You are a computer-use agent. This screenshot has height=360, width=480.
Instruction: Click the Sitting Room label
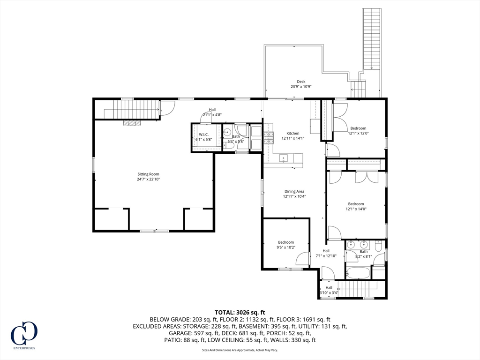point(148,174)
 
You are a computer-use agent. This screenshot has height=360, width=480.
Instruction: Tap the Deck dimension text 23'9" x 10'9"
point(301,87)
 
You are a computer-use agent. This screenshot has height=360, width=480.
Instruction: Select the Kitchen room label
point(292,133)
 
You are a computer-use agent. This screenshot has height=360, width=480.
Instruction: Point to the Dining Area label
point(294,191)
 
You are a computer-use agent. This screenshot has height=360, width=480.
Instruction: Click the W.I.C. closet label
point(203,135)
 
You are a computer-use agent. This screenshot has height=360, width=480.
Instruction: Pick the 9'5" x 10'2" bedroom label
point(286,245)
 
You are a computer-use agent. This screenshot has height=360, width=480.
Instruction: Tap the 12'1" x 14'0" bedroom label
point(356,206)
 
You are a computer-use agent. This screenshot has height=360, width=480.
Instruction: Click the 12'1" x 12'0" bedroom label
point(358,131)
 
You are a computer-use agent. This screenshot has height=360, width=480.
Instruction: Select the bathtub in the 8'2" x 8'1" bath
point(358,273)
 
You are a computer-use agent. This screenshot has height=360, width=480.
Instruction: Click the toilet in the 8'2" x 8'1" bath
point(378,246)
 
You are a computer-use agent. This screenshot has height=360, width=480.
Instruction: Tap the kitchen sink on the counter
point(284,158)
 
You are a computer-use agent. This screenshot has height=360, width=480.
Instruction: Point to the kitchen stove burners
point(269,137)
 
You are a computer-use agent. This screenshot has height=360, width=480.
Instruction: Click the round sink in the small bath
point(227,133)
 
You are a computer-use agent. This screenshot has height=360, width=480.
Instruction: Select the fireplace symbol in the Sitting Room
point(132,123)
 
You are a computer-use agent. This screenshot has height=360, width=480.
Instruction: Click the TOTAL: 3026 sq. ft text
point(240,313)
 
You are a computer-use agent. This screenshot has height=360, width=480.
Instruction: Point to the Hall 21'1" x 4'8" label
point(212,112)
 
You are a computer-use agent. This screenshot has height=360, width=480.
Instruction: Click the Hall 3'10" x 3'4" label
point(329,290)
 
